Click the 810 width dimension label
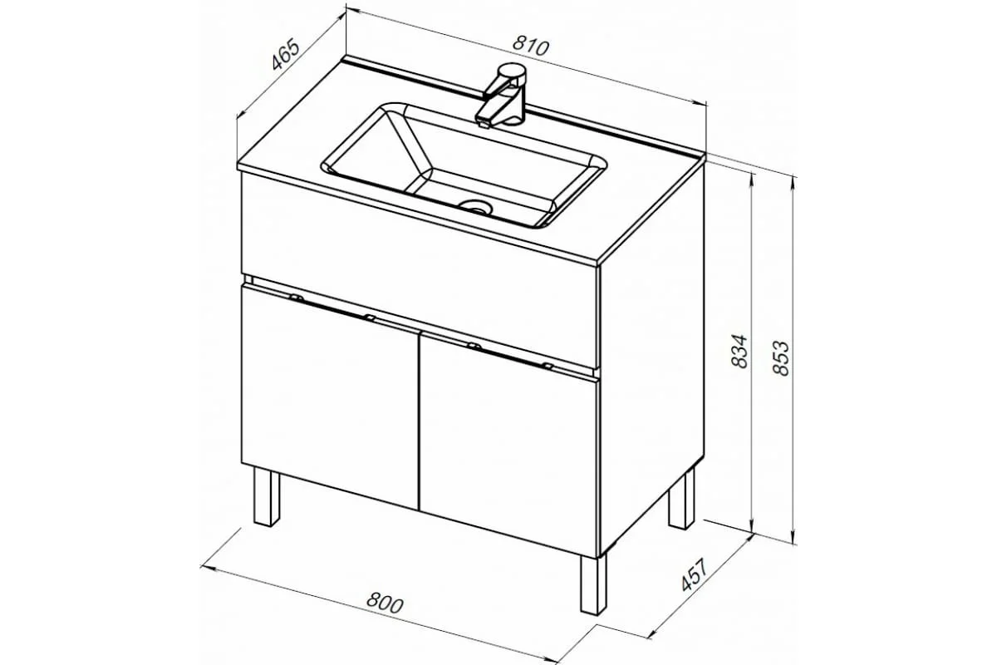[x=531, y=47]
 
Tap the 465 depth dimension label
[x=285, y=54]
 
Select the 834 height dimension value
[x=739, y=351]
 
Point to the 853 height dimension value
[x=780, y=358]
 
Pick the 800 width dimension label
[x=385, y=603]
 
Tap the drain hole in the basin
[x=475, y=207]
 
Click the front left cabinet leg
[x=266, y=496]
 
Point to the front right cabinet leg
[x=593, y=584]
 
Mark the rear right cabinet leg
[x=682, y=499]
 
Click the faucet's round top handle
[x=512, y=71]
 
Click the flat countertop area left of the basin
[x=285, y=147]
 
